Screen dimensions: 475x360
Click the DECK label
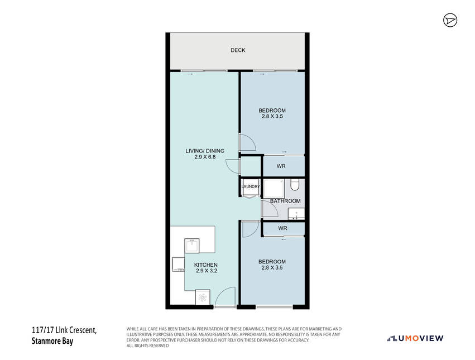coord(238,50)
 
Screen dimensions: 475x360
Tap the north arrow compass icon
coord(450,20)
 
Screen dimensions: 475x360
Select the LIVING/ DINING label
coord(205,151)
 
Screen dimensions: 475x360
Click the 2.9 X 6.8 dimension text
coord(205,157)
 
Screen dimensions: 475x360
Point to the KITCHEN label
coord(206,265)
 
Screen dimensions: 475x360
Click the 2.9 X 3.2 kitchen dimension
coord(207,271)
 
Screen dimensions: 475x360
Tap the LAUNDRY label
coord(251,186)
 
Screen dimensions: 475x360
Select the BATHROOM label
coord(285,201)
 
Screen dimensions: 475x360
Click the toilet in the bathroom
coord(295,185)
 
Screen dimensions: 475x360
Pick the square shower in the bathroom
coord(274,189)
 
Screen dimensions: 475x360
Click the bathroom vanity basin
coord(296,214)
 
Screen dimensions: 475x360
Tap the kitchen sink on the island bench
coord(192,246)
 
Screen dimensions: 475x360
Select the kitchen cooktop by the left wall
coord(178,265)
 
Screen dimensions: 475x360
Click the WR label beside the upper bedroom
coord(281,166)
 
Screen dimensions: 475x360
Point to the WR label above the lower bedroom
coord(282,228)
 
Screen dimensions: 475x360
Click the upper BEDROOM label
coord(272,111)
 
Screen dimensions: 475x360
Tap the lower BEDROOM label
coord(272,262)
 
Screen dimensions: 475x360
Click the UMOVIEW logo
coord(415,338)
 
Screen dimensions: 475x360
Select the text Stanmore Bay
coord(52,341)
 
